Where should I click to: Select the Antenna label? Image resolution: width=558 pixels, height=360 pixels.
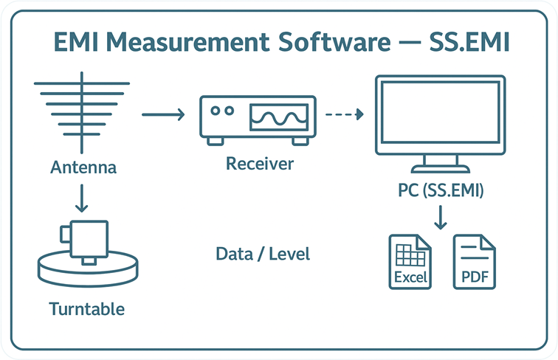coord(83,167)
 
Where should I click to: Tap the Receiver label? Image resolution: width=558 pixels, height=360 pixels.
coord(259,163)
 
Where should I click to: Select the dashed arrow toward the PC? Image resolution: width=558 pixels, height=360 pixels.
coord(345,114)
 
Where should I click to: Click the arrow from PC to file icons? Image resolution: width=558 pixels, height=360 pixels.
coord(441,218)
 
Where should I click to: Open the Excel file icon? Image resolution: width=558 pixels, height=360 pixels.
coord(410,261)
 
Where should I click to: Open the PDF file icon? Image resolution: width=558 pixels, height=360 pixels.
coord(474,261)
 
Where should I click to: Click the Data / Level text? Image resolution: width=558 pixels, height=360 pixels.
coord(263,255)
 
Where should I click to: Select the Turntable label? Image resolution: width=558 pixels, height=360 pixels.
coord(87,308)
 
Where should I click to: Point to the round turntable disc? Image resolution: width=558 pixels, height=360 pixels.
coord(87,269)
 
